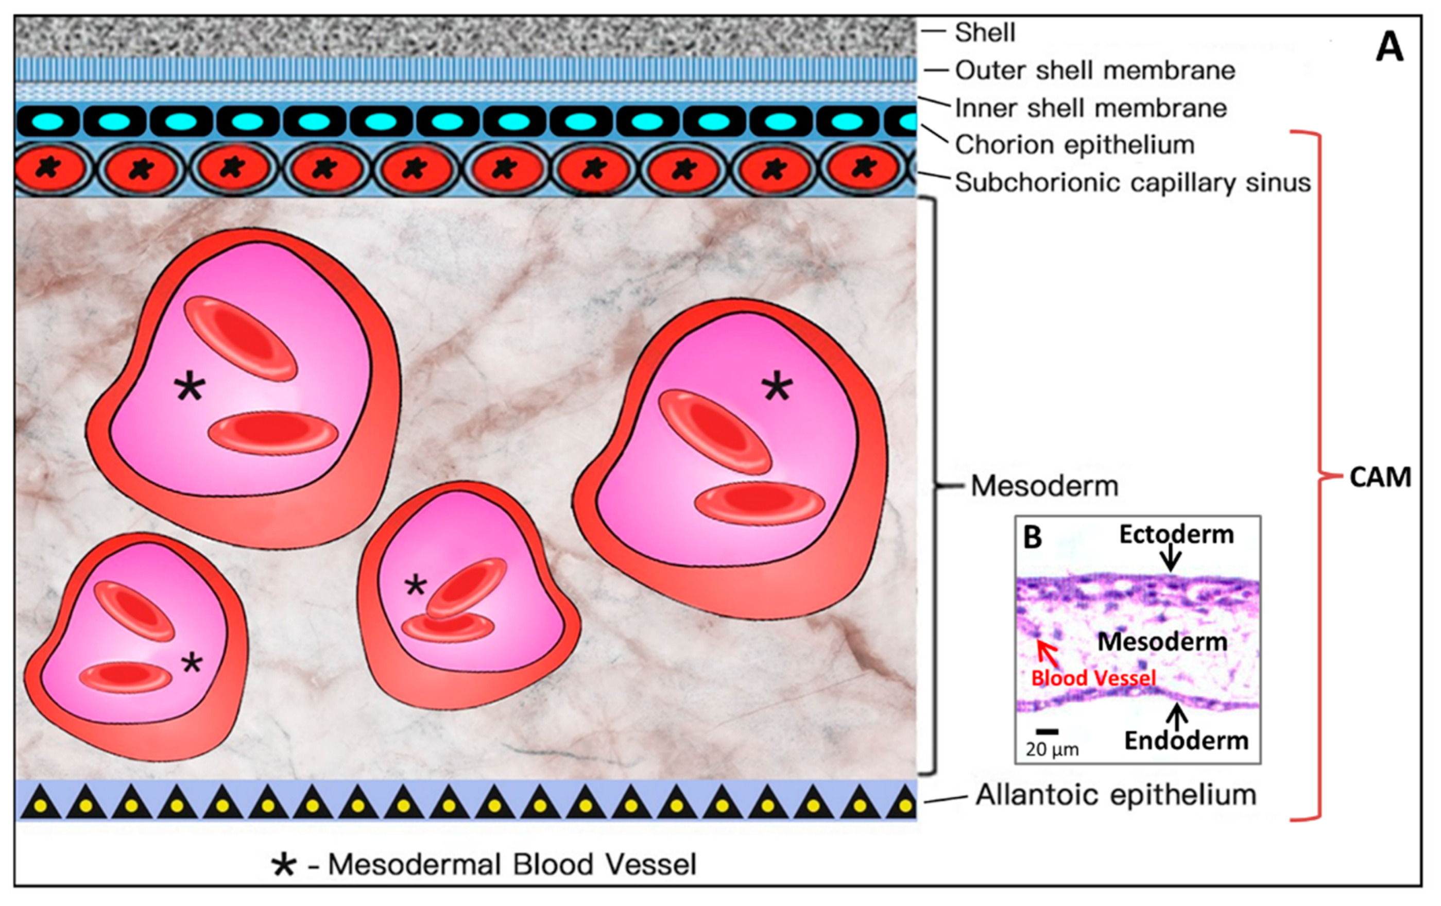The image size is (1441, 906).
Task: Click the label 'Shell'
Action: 984,32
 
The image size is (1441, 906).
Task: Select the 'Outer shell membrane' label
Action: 1094,71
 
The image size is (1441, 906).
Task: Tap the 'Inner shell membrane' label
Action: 1090,108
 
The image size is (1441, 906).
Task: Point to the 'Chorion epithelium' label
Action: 1074,145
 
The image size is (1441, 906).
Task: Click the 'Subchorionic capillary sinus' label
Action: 1132,182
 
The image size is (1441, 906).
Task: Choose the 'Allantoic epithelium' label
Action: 1116,795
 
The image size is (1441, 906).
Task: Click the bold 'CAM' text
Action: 1380,477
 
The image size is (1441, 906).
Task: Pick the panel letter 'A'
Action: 1389,47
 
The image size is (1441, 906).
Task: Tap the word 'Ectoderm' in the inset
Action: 1176,535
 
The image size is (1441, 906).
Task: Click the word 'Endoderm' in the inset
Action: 1186,741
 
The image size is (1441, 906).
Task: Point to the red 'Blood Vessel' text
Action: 1093,678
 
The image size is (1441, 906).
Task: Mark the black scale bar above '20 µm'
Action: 1047,731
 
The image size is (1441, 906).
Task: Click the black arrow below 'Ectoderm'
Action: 1171,559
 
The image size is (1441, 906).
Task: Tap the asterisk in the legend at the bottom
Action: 284,865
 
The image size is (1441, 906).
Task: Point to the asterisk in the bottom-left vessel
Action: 192,662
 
